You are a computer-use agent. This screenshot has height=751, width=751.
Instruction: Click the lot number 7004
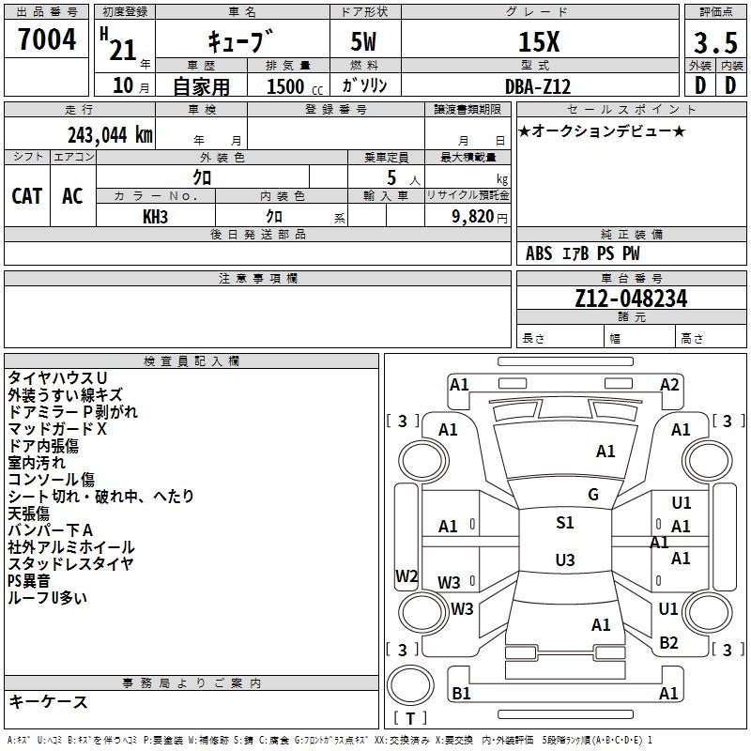click(47, 39)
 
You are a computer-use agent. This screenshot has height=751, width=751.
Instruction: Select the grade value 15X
click(539, 41)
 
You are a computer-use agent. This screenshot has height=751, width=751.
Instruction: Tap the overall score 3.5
click(715, 42)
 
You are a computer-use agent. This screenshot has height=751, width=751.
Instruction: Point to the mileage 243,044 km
click(110, 135)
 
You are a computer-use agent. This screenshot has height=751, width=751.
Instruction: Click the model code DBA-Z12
click(538, 86)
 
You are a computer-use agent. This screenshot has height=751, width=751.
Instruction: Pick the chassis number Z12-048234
click(631, 299)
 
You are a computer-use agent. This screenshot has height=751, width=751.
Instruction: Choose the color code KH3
click(155, 217)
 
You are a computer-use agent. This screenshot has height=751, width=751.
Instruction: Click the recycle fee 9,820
click(473, 217)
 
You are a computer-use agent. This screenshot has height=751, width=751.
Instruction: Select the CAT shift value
click(27, 196)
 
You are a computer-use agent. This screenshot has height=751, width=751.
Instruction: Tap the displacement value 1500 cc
click(295, 86)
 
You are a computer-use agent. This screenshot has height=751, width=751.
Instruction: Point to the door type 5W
click(363, 41)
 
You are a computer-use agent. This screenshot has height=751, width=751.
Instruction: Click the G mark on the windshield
click(593, 495)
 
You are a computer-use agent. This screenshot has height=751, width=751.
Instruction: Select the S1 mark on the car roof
click(565, 523)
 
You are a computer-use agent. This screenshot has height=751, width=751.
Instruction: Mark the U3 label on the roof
click(565, 559)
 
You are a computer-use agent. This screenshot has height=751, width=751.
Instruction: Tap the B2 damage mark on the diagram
click(668, 643)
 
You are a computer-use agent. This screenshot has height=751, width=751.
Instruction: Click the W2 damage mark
click(406, 575)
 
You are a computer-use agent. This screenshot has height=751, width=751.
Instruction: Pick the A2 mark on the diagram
click(669, 385)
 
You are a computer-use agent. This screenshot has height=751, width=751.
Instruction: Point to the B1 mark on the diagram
click(461, 693)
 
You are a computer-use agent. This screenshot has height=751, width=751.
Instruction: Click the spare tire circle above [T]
click(410, 685)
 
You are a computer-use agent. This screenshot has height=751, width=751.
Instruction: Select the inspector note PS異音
click(29, 581)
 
